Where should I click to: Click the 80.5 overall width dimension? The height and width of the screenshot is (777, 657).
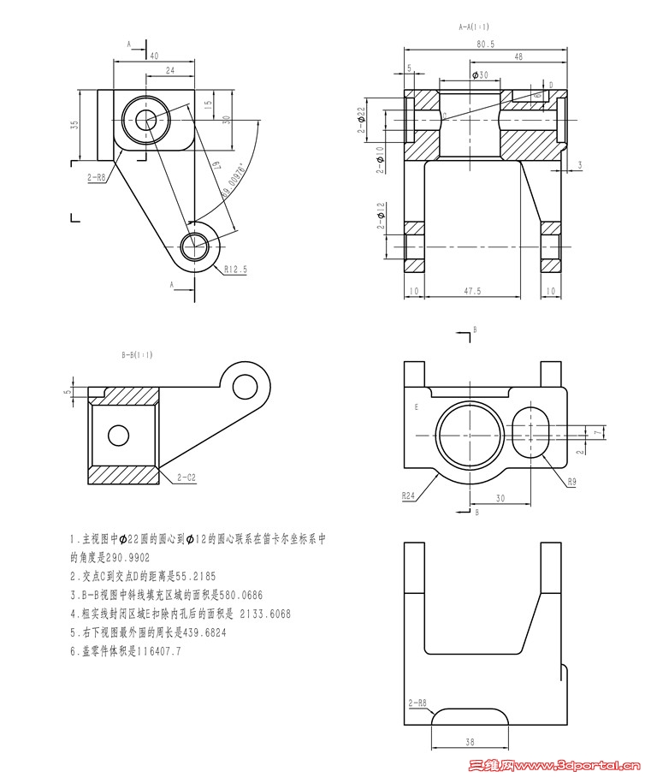485,43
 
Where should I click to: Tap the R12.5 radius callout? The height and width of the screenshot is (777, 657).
235,269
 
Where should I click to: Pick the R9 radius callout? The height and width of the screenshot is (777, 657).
571,482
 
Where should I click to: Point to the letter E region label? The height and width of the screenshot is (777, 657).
416,407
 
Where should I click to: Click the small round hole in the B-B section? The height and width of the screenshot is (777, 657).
118,435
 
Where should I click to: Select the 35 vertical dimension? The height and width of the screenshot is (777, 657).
74,125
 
